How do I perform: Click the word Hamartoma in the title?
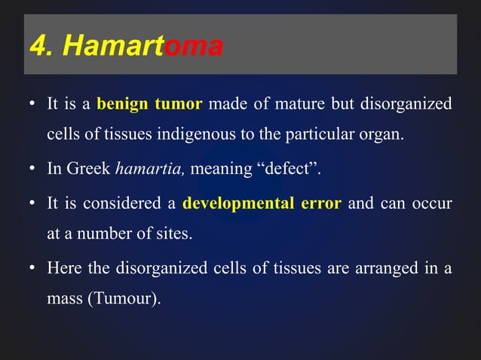[143, 47]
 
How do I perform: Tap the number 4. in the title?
[42, 47]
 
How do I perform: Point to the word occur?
[433, 203]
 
